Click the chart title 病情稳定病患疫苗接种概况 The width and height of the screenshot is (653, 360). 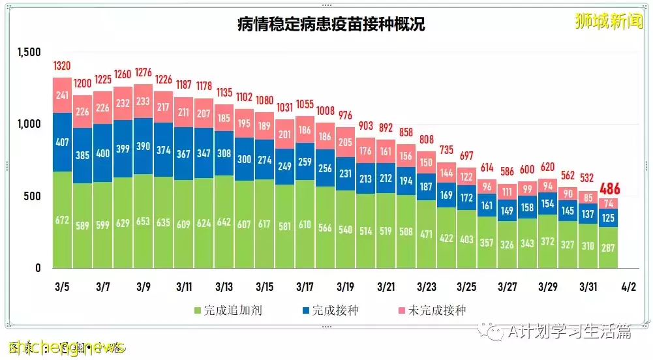tap(331, 25)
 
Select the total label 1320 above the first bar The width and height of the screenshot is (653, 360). tap(62, 67)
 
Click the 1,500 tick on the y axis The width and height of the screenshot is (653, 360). tap(29, 52)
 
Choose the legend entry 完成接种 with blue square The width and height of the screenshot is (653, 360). tap(327, 310)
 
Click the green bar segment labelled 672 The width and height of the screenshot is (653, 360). tap(62, 220)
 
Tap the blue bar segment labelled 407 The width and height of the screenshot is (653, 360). tap(62, 142)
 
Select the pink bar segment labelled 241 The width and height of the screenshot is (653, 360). tap(62, 95)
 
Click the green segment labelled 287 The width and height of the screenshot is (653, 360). tap(608, 247)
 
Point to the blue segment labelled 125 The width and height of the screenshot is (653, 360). tap(608, 217)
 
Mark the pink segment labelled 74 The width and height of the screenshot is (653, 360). tap(608, 203)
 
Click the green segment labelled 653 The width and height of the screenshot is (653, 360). tap(143, 221)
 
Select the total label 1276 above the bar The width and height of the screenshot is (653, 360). tap(143, 72)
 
